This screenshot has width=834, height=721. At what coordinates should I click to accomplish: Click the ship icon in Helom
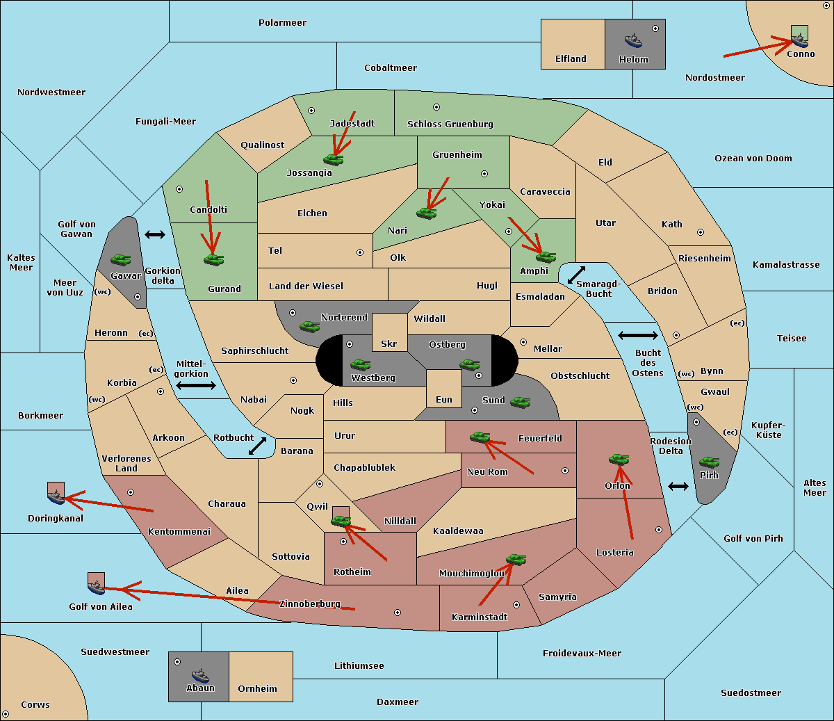click(633, 40)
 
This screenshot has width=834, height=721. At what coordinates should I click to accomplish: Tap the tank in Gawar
click(120, 259)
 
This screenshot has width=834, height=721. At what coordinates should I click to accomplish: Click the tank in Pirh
click(709, 462)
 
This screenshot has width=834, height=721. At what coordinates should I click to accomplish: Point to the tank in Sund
click(520, 403)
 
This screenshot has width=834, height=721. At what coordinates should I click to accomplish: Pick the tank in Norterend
click(309, 326)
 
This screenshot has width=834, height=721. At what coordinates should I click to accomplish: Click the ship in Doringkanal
click(56, 496)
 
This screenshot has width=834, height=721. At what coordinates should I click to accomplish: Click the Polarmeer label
click(282, 23)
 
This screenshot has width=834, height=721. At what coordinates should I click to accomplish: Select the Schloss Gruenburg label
click(450, 124)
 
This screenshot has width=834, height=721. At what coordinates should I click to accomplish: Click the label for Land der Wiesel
click(306, 286)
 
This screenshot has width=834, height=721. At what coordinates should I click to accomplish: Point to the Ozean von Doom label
click(753, 159)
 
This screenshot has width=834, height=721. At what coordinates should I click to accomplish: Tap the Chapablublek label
click(364, 467)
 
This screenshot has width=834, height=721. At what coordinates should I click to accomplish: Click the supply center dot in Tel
click(360, 252)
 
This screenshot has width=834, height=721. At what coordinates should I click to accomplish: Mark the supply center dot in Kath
click(701, 232)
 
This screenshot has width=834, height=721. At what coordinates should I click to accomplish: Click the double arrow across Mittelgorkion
click(196, 385)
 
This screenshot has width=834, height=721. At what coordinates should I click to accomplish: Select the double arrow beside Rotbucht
click(257, 446)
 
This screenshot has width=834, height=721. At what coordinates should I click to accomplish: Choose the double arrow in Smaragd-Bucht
click(576, 275)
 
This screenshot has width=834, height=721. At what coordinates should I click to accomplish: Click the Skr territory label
click(389, 343)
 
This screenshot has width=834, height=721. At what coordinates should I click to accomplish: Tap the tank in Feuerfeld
click(480, 437)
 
